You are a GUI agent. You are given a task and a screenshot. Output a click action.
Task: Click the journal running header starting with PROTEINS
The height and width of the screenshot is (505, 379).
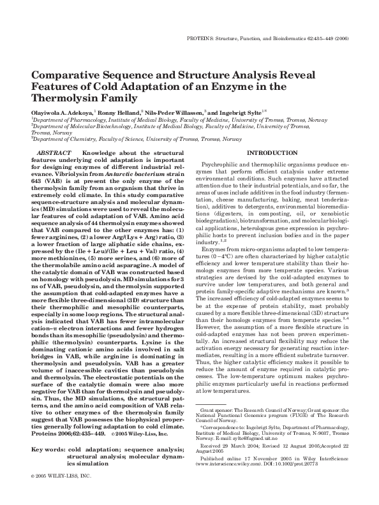276,39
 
